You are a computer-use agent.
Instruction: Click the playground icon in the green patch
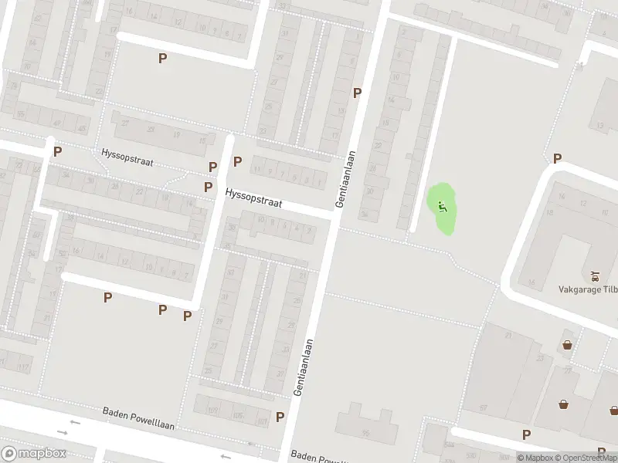pyautogui.click(x=442, y=206)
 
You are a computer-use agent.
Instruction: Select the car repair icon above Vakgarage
pyautogui.click(x=594, y=275)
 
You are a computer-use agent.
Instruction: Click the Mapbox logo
pyautogui.click(x=33, y=454)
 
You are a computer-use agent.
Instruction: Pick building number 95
pyautogui.click(x=365, y=433)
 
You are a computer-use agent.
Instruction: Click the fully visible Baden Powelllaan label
pyautogui.click(x=139, y=418)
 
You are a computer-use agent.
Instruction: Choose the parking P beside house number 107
pyautogui.click(x=280, y=417)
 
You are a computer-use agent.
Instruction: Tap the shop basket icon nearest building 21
pyautogui.click(x=568, y=344)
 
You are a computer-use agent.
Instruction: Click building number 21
pyautogui.click(x=509, y=336)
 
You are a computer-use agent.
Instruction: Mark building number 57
pyautogui.click(x=484, y=407)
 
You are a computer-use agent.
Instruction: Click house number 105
pyautogui.click(x=237, y=416)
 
